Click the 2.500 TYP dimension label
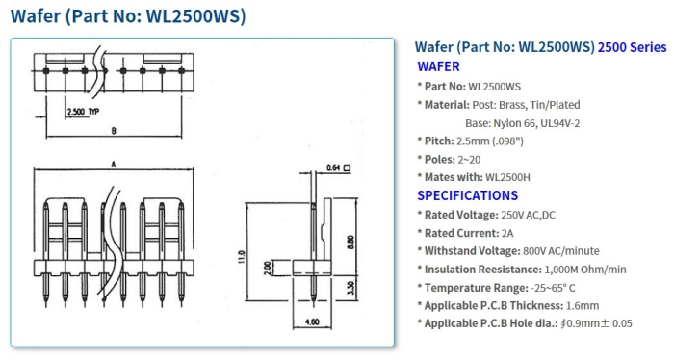[83, 113]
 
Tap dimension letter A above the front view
[113, 166]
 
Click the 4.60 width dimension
[312, 321]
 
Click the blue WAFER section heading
[438, 66]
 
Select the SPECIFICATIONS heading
[467, 195]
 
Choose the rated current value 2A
[508, 232]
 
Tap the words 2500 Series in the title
[632, 46]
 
